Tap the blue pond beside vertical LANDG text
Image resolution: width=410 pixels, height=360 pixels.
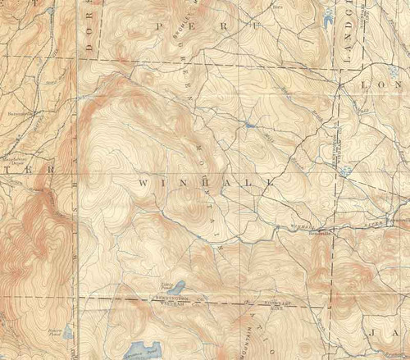pyautogui.click(x=330, y=15)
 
